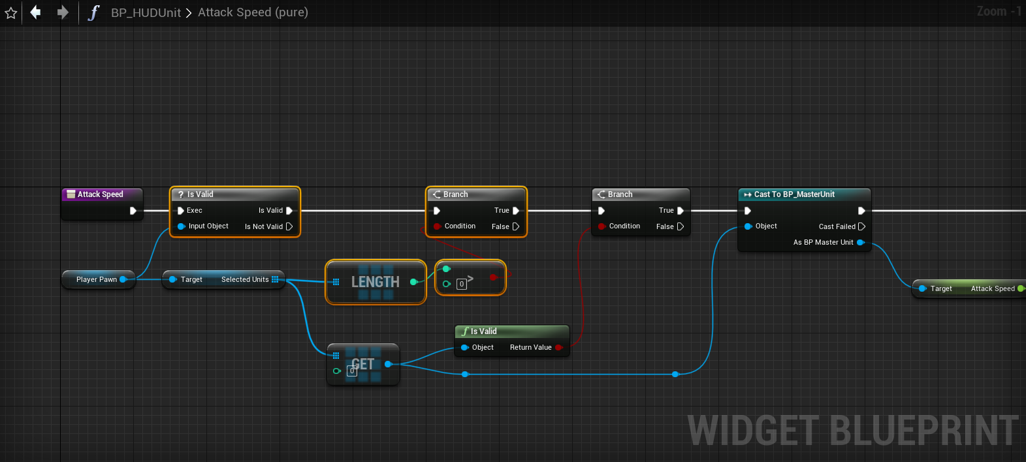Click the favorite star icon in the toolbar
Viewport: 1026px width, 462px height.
point(10,13)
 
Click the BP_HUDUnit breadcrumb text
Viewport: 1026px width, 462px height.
point(146,13)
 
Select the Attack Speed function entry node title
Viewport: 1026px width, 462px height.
point(100,194)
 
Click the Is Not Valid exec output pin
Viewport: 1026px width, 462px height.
point(289,226)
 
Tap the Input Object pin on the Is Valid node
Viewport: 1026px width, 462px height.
point(182,226)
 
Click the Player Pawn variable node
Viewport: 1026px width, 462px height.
point(97,279)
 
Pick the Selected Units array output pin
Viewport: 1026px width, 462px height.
point(275,279)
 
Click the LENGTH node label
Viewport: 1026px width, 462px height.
point(375,282)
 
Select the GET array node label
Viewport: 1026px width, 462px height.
point(363,364)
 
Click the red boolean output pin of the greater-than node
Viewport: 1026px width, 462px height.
point(493,277)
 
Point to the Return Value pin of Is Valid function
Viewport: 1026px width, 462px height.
point(559,347)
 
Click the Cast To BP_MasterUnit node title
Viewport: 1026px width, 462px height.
point(794,194)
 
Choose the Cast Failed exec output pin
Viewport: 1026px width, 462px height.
point(861,226)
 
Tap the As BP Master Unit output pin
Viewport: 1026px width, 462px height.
point(860,242)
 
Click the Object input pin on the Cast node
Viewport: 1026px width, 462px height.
point(748,226)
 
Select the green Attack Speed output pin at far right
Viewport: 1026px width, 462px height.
point(1021,288)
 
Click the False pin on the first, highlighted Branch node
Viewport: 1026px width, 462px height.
point(516,226)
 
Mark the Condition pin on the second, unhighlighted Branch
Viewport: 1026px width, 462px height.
point(601,226)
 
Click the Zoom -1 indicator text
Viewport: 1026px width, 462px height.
point(998,11)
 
